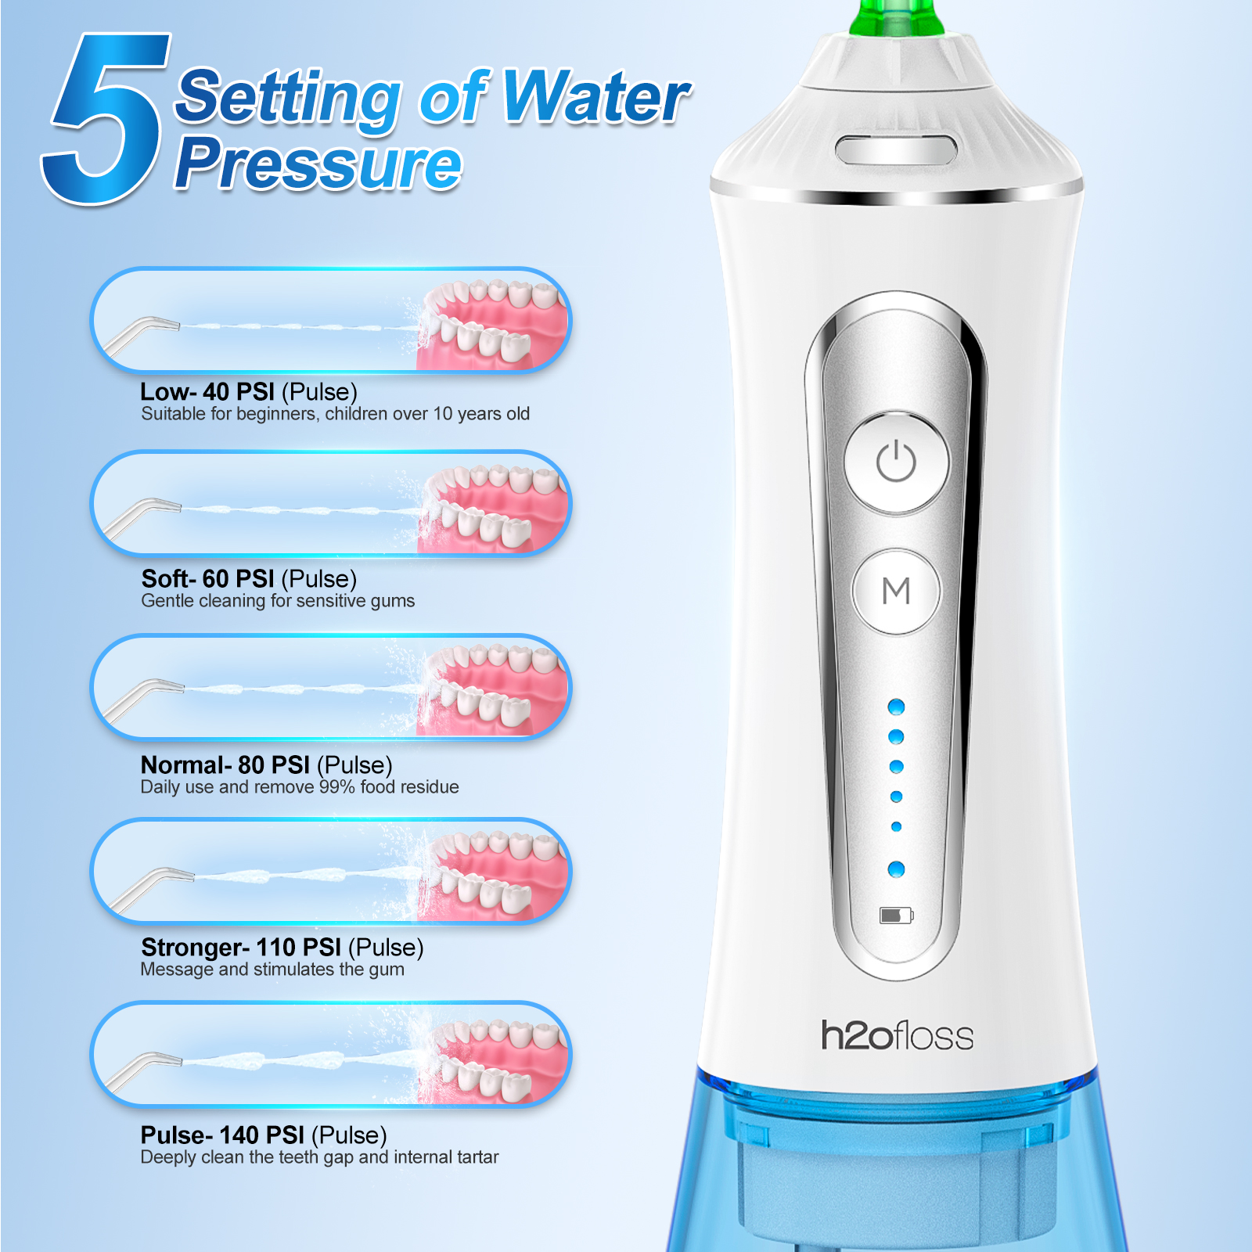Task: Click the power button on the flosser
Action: click(x=896, y=462)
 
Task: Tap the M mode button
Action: click(x=896, y=591)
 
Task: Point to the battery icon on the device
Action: click(x=896, y=916)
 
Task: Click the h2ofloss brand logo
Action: click(x=897, y=1035)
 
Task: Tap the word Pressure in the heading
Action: click(x=318, y=163)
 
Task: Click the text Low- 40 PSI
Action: click(x=207, y=391)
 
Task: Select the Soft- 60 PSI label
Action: click(x=208, y=578)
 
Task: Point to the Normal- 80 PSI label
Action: click(x=225, y=765)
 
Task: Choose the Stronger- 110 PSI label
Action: click(x=241, y=948)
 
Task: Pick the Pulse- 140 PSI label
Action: click(x=222, y=1135)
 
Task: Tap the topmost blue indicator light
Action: click(x=897, y=707)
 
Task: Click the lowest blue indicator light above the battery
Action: click(x=897, y=869)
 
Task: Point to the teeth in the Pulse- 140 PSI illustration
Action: click(x=493, y=1056)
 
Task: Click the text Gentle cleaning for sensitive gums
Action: click(x=278, y=601)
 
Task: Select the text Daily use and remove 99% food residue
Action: click(x=300, y=787)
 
